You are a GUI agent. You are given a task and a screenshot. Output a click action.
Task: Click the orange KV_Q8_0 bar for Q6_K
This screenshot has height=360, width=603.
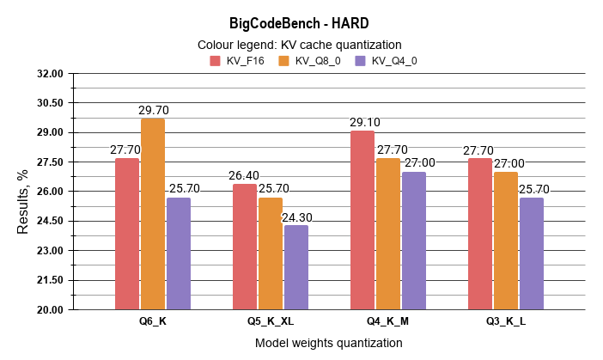(x=153, y=214)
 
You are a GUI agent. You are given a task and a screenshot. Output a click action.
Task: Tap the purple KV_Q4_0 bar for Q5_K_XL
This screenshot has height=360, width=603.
(x=296, y=267)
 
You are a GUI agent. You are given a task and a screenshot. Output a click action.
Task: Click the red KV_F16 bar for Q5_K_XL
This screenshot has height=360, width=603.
(x=245, y=247)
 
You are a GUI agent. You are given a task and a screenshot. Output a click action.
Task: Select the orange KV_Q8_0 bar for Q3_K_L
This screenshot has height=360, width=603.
(x=506, y=241)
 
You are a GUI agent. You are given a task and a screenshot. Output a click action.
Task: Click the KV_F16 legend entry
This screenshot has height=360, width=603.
(x=238, y=61)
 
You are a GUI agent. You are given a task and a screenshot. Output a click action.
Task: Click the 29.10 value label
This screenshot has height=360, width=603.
(x=364, y=123)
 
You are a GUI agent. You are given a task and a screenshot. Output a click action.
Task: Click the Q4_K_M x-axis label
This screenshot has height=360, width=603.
(x=388, y=321)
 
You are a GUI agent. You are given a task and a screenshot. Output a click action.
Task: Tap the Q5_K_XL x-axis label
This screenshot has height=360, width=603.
(x=271, y=321)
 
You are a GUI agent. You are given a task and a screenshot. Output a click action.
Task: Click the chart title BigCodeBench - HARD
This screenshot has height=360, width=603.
(x=301, y=23)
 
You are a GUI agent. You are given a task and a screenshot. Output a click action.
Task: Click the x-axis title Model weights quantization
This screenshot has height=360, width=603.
(x=328, y=343)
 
